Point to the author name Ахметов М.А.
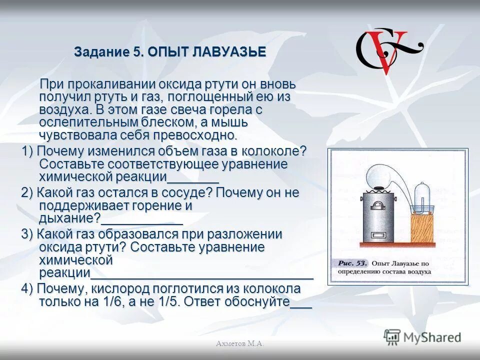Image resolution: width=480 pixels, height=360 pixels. coord(240,343)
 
